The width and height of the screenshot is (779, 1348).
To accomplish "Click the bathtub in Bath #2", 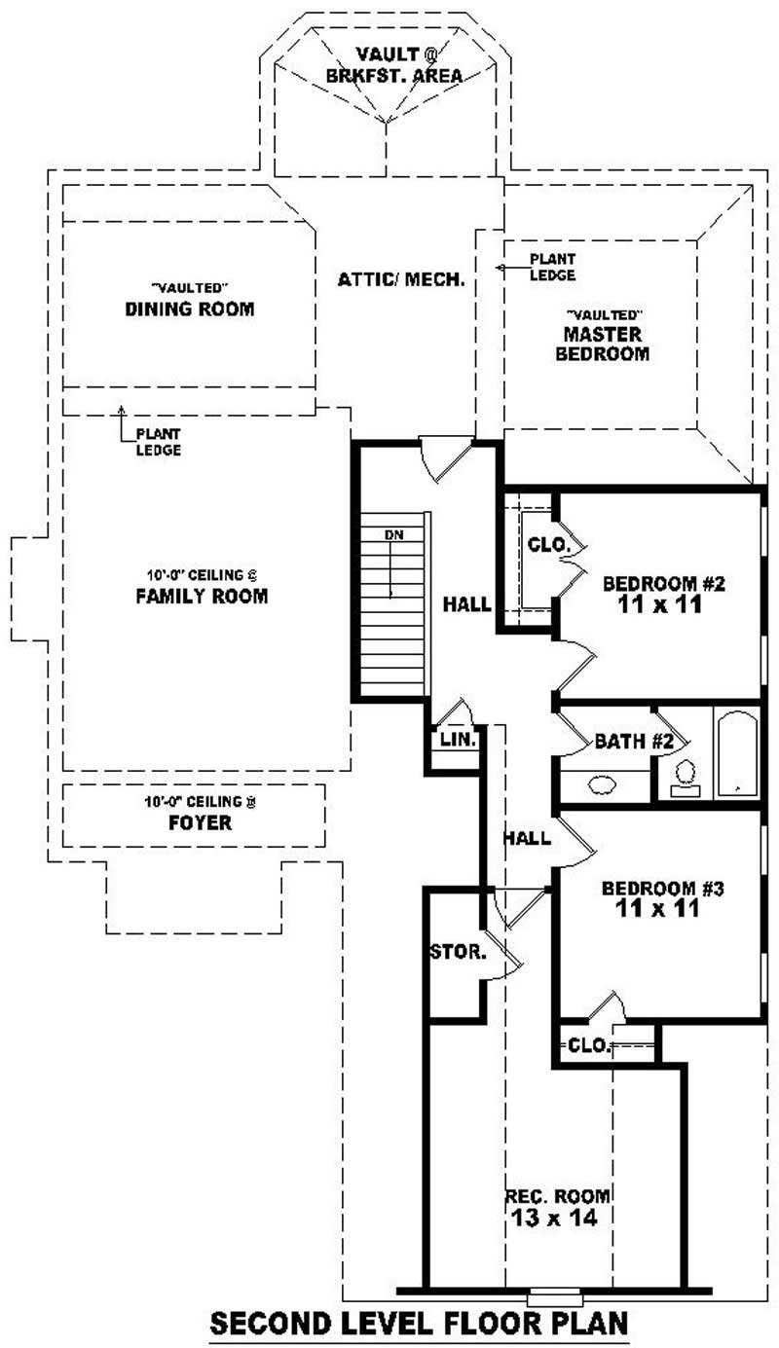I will pos(736,753).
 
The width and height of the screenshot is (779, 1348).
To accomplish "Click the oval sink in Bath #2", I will pos(603,784).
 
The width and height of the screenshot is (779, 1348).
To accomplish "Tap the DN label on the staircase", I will pos(393,535).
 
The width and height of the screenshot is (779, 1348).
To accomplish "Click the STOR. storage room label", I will pos(458,952).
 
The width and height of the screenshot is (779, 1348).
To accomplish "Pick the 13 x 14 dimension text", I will pos(557,1217).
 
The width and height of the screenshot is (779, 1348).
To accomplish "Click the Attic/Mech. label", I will pos(401,279).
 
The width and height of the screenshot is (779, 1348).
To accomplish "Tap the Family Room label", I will pos(202,596).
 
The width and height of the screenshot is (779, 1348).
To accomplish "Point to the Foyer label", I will pos(199,822).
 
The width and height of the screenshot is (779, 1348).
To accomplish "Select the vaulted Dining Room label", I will pos(190,310).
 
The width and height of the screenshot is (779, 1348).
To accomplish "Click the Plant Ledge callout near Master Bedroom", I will pos(552,267).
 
